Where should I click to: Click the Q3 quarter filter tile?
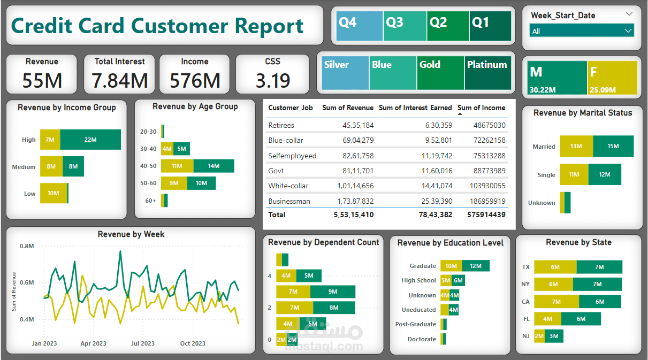click(x=405, y=26)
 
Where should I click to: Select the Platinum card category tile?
click(x=487, y=73)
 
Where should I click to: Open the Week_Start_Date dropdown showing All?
click(x=582, y=31)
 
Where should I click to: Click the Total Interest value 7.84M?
click(x=119, y=80)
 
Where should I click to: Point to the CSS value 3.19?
click(x=272, y=80)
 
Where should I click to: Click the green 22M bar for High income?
click(x=90, y=140)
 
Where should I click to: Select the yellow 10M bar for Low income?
click(x=53, y=193)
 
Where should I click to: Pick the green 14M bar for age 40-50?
click(x=214, y=166)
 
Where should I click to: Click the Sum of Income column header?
click(x=481, y=108)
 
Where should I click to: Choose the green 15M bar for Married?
click(x=613, y=146)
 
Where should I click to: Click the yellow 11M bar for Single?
click(x=574, y=174)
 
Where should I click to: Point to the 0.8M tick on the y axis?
click(x=27, y=246)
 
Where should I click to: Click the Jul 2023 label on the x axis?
click(x=143, y=343)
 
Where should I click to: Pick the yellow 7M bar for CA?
click(x=556, y=302)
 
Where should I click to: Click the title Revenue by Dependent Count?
click(x=323, y=242)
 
